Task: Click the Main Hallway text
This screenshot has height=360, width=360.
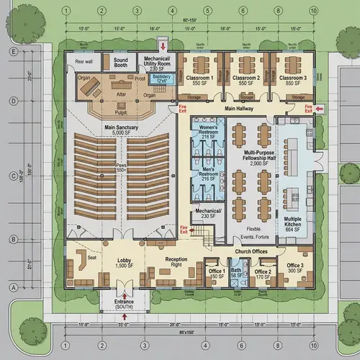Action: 239,109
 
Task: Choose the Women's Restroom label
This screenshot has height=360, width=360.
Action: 208,132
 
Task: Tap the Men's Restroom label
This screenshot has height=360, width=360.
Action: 208,175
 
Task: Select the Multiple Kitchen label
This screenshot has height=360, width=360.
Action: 292,222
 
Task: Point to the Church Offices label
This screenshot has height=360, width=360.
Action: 251,251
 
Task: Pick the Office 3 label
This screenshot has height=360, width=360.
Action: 294,269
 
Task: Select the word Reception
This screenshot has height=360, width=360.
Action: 176,259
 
